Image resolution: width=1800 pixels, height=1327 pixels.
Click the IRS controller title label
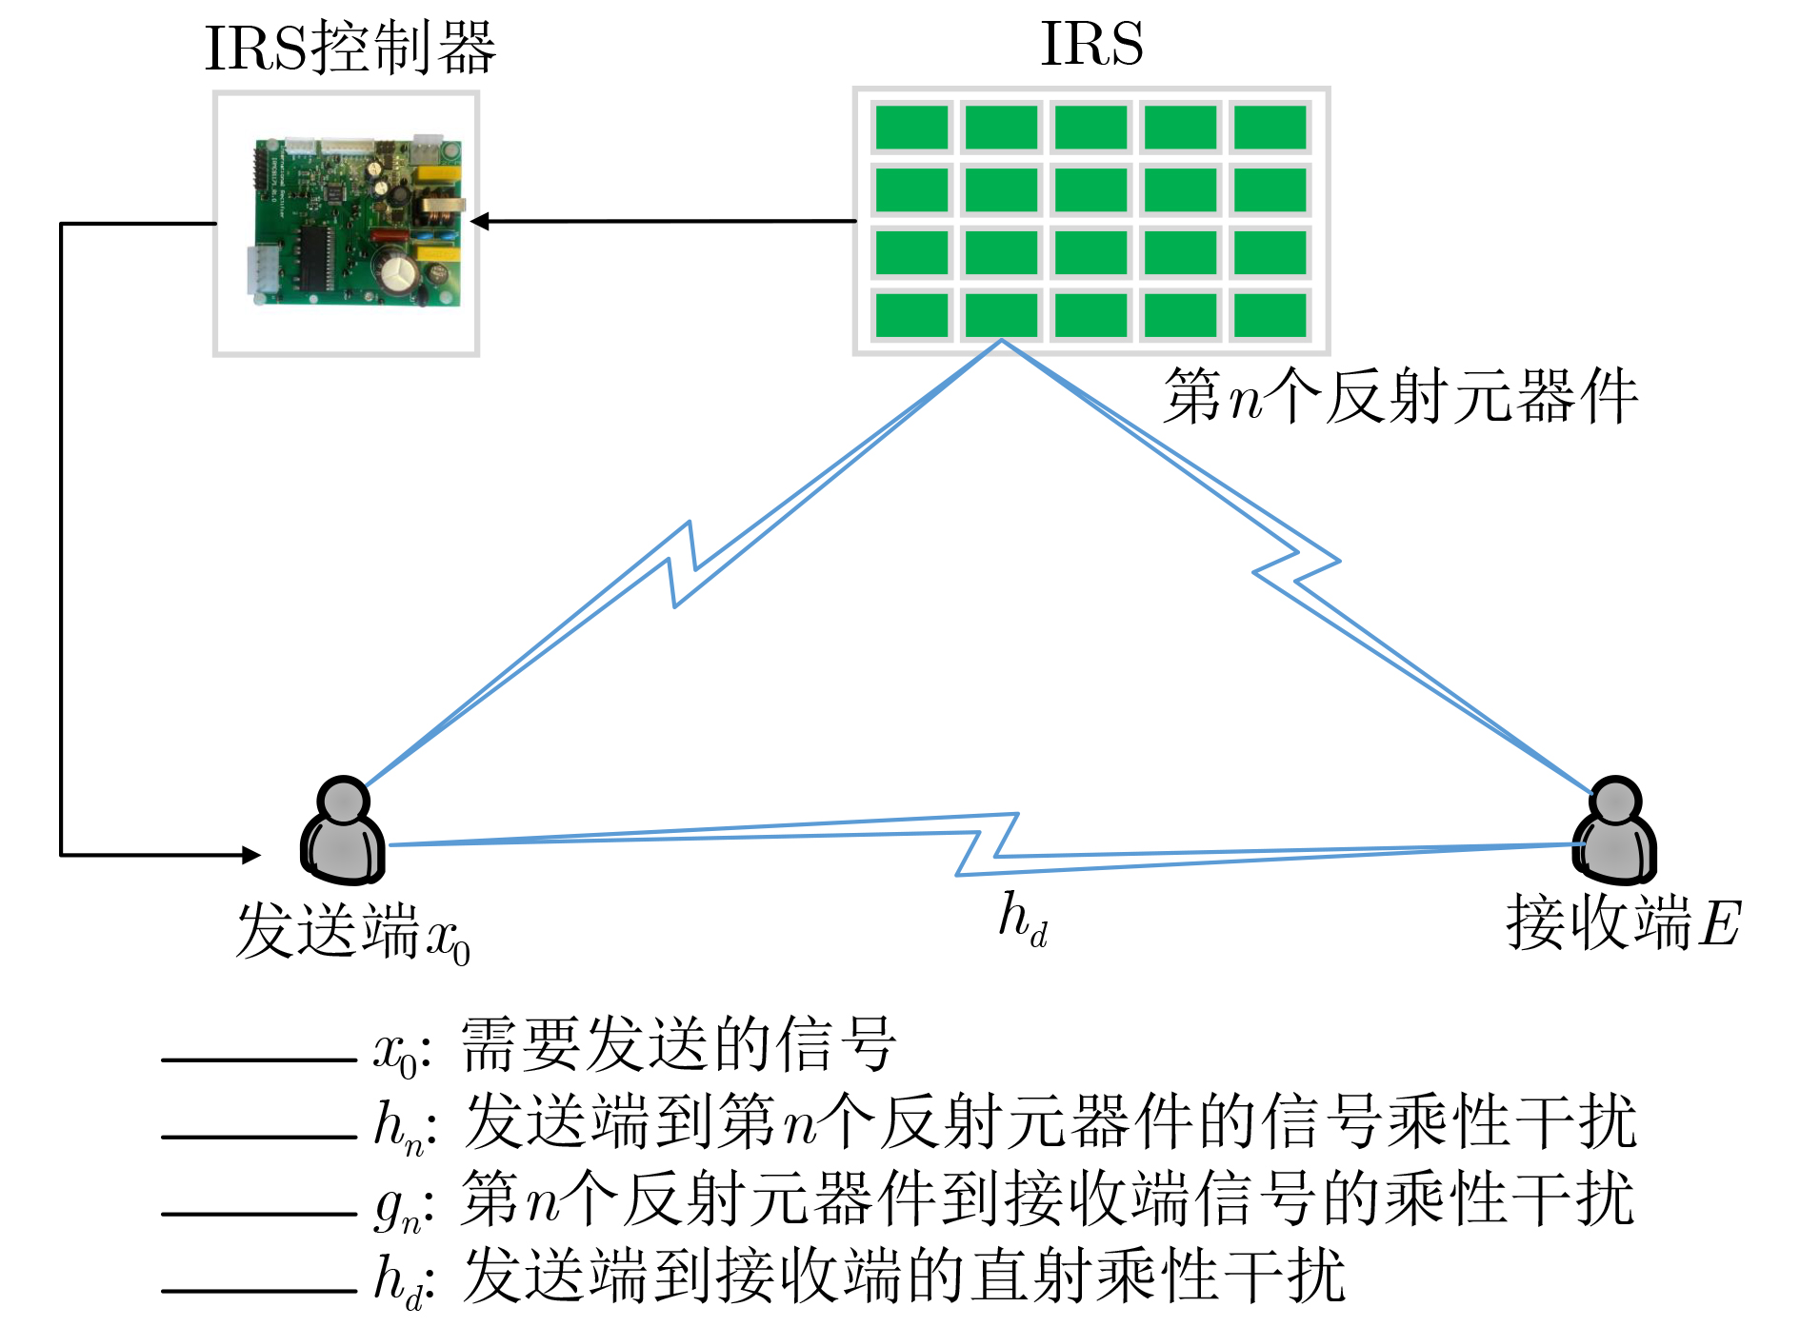point(350,48)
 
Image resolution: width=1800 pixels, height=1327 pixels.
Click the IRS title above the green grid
point(1091,44)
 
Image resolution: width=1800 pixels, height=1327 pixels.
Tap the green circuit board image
point(357,223)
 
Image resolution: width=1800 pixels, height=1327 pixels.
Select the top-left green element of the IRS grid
point(911,128)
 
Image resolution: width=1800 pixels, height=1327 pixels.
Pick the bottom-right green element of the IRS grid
point(1270,315)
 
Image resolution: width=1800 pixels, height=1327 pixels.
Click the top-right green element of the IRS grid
point(1270,128)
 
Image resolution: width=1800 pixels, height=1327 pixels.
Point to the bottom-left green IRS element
point(911,315)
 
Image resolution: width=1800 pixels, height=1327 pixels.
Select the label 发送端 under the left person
point(327,930)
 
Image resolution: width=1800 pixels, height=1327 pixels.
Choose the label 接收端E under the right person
point(1623,923)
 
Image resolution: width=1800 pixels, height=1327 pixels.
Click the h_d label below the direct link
point(1023,920)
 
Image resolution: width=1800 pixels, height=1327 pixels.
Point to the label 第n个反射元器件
point(1400,396)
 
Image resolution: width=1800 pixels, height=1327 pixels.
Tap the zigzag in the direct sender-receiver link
point(988,843)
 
